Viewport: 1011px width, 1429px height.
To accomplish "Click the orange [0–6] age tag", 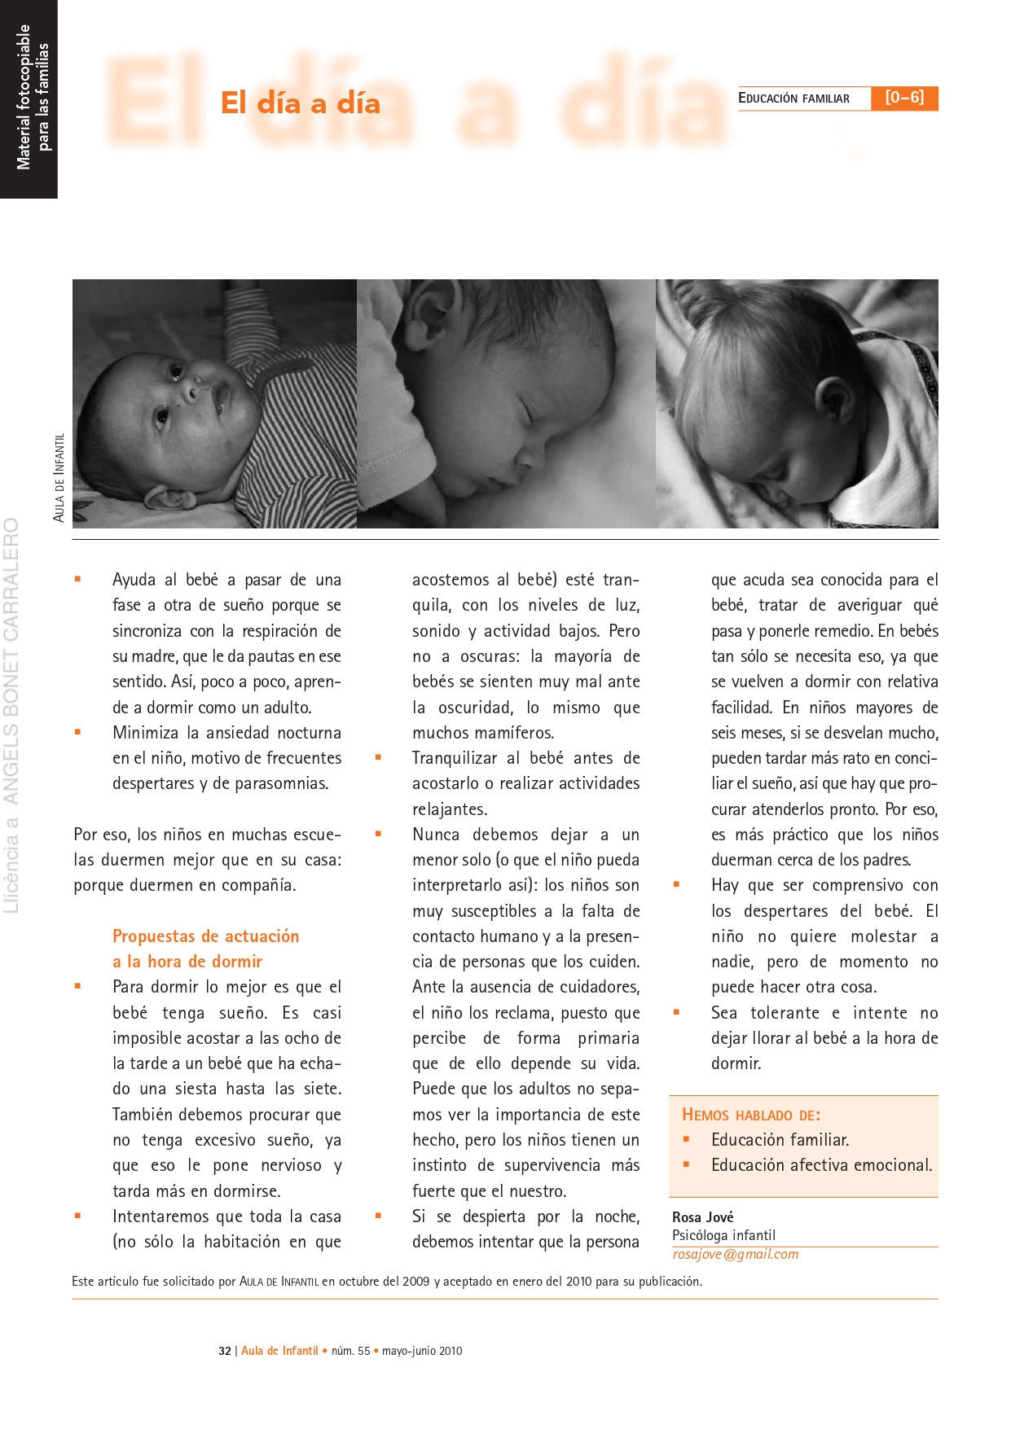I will coord(904,98).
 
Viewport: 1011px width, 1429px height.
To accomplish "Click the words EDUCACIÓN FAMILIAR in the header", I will coord(793,99).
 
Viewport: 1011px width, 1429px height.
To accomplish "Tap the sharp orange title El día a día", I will coord(301,103).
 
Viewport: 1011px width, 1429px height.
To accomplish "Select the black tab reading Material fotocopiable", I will coord(24,98).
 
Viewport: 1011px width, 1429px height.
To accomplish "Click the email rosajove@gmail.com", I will coord(736,1255).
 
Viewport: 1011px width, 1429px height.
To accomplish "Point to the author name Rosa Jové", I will coord(702,1217).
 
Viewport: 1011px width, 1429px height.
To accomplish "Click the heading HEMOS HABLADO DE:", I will coord(751,1115).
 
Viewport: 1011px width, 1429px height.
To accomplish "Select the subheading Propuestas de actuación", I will coord(205,936).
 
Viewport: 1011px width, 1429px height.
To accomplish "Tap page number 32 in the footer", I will coord(225,1351).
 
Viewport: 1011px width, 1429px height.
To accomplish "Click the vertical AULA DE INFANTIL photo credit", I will coord(59,477).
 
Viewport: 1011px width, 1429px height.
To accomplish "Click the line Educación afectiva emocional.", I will coord(821,1165).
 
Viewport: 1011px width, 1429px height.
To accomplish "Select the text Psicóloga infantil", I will coord(723,1235).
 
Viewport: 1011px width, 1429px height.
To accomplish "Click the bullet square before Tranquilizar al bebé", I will coord(378,757).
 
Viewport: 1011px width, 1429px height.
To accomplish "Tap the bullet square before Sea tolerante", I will coord(676,1012).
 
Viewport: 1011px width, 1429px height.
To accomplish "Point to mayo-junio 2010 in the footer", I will coord(422,1351).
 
